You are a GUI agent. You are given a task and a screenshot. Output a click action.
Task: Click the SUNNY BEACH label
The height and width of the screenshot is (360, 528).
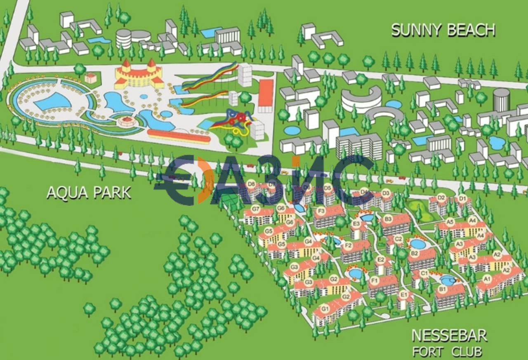coord(443,30)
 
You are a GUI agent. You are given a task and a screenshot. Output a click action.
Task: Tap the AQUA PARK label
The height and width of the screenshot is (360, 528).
coord(89,193)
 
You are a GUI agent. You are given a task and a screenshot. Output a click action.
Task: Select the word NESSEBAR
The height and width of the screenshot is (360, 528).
coord(449,336)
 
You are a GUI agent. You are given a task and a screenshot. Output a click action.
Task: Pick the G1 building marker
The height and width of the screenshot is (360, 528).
coord(325,308)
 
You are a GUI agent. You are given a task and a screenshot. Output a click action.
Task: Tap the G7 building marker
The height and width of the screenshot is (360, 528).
coord(256,209)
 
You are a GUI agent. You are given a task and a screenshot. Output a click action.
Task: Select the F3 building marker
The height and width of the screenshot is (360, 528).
coord(321,212)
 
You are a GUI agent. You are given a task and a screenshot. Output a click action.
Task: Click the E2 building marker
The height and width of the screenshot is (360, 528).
coord(381,259)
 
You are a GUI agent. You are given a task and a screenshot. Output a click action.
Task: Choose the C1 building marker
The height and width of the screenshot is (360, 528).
coord(424,273)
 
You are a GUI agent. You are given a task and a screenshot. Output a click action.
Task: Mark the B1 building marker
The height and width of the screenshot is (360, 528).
coord(443,289)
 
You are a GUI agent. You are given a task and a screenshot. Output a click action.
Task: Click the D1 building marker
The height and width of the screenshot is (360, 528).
coord(462,198)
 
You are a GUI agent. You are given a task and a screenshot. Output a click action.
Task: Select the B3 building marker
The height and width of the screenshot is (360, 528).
coord(388,218)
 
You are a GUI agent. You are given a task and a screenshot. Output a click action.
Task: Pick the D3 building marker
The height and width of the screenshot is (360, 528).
coord(386,192)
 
